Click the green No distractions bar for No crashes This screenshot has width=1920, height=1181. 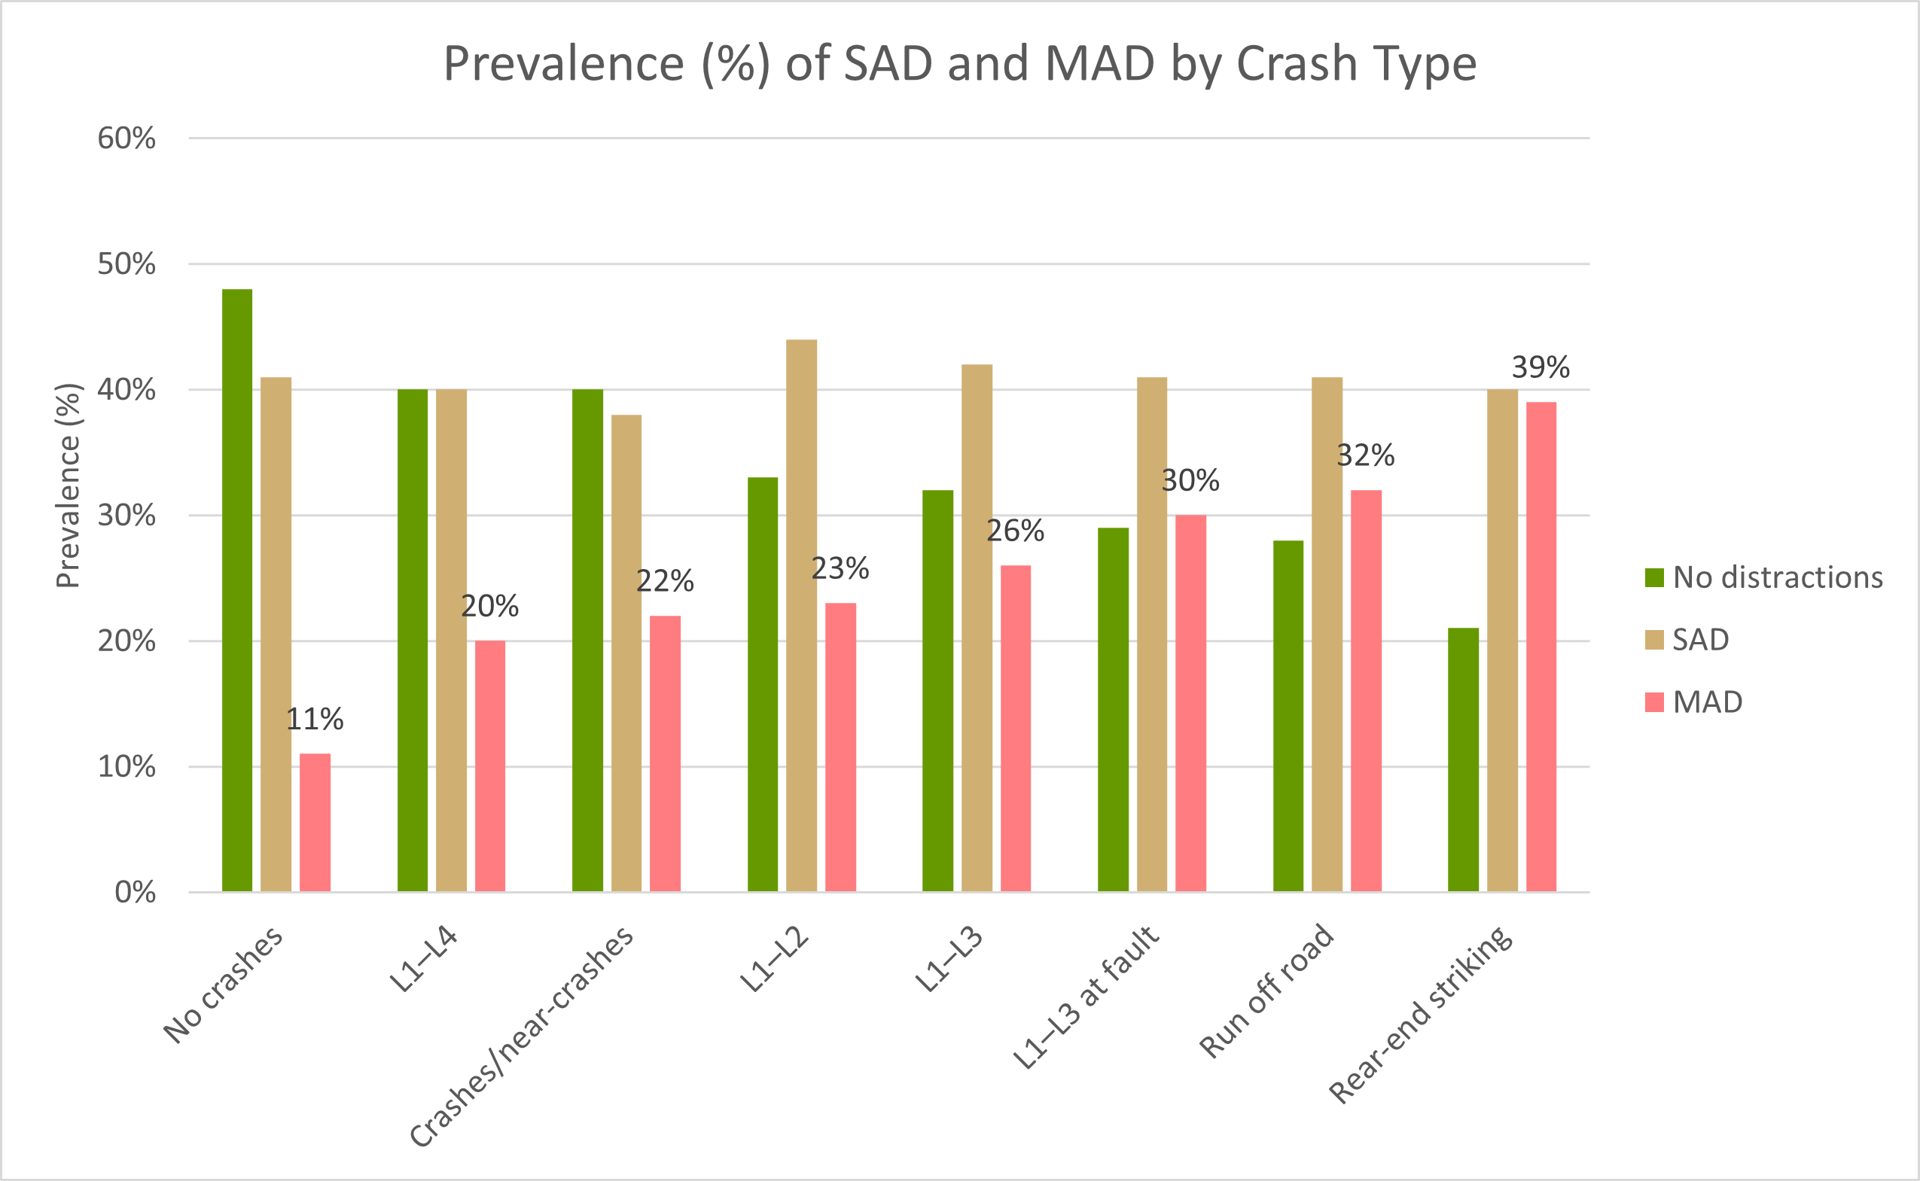click(x=236, y=590)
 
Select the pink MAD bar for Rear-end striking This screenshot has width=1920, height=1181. click(x=1541, y=647)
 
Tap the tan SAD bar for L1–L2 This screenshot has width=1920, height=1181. click(x=801, y=616)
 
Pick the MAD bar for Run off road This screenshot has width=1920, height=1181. click(x=1366, y=691)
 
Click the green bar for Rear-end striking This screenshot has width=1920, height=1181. click(x=1463, y=760)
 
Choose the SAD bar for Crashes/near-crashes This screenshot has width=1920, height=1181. click(x=626, y=653)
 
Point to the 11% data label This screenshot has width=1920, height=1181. click(x=315, y=720)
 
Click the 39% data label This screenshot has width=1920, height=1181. click(x=1541, y=367)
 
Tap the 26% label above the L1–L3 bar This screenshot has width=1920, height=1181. click(x=1015, y=531)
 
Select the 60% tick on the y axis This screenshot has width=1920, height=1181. click(x=126, y=138)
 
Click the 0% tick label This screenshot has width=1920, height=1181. click(x=135, y=892)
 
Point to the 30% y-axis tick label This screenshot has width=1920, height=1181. click(x=126, y=516)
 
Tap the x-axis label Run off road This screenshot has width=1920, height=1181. click(x=1266, y=992)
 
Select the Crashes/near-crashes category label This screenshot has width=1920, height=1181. click(x=521, y=1037)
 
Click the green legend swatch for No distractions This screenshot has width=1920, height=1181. click(x=1653, y=577)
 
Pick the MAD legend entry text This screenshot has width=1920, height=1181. click(x=1708, y=702)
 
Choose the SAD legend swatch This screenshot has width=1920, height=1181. click(x=1653, y=640)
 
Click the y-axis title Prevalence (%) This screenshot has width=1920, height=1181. click(x=68, y=485)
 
